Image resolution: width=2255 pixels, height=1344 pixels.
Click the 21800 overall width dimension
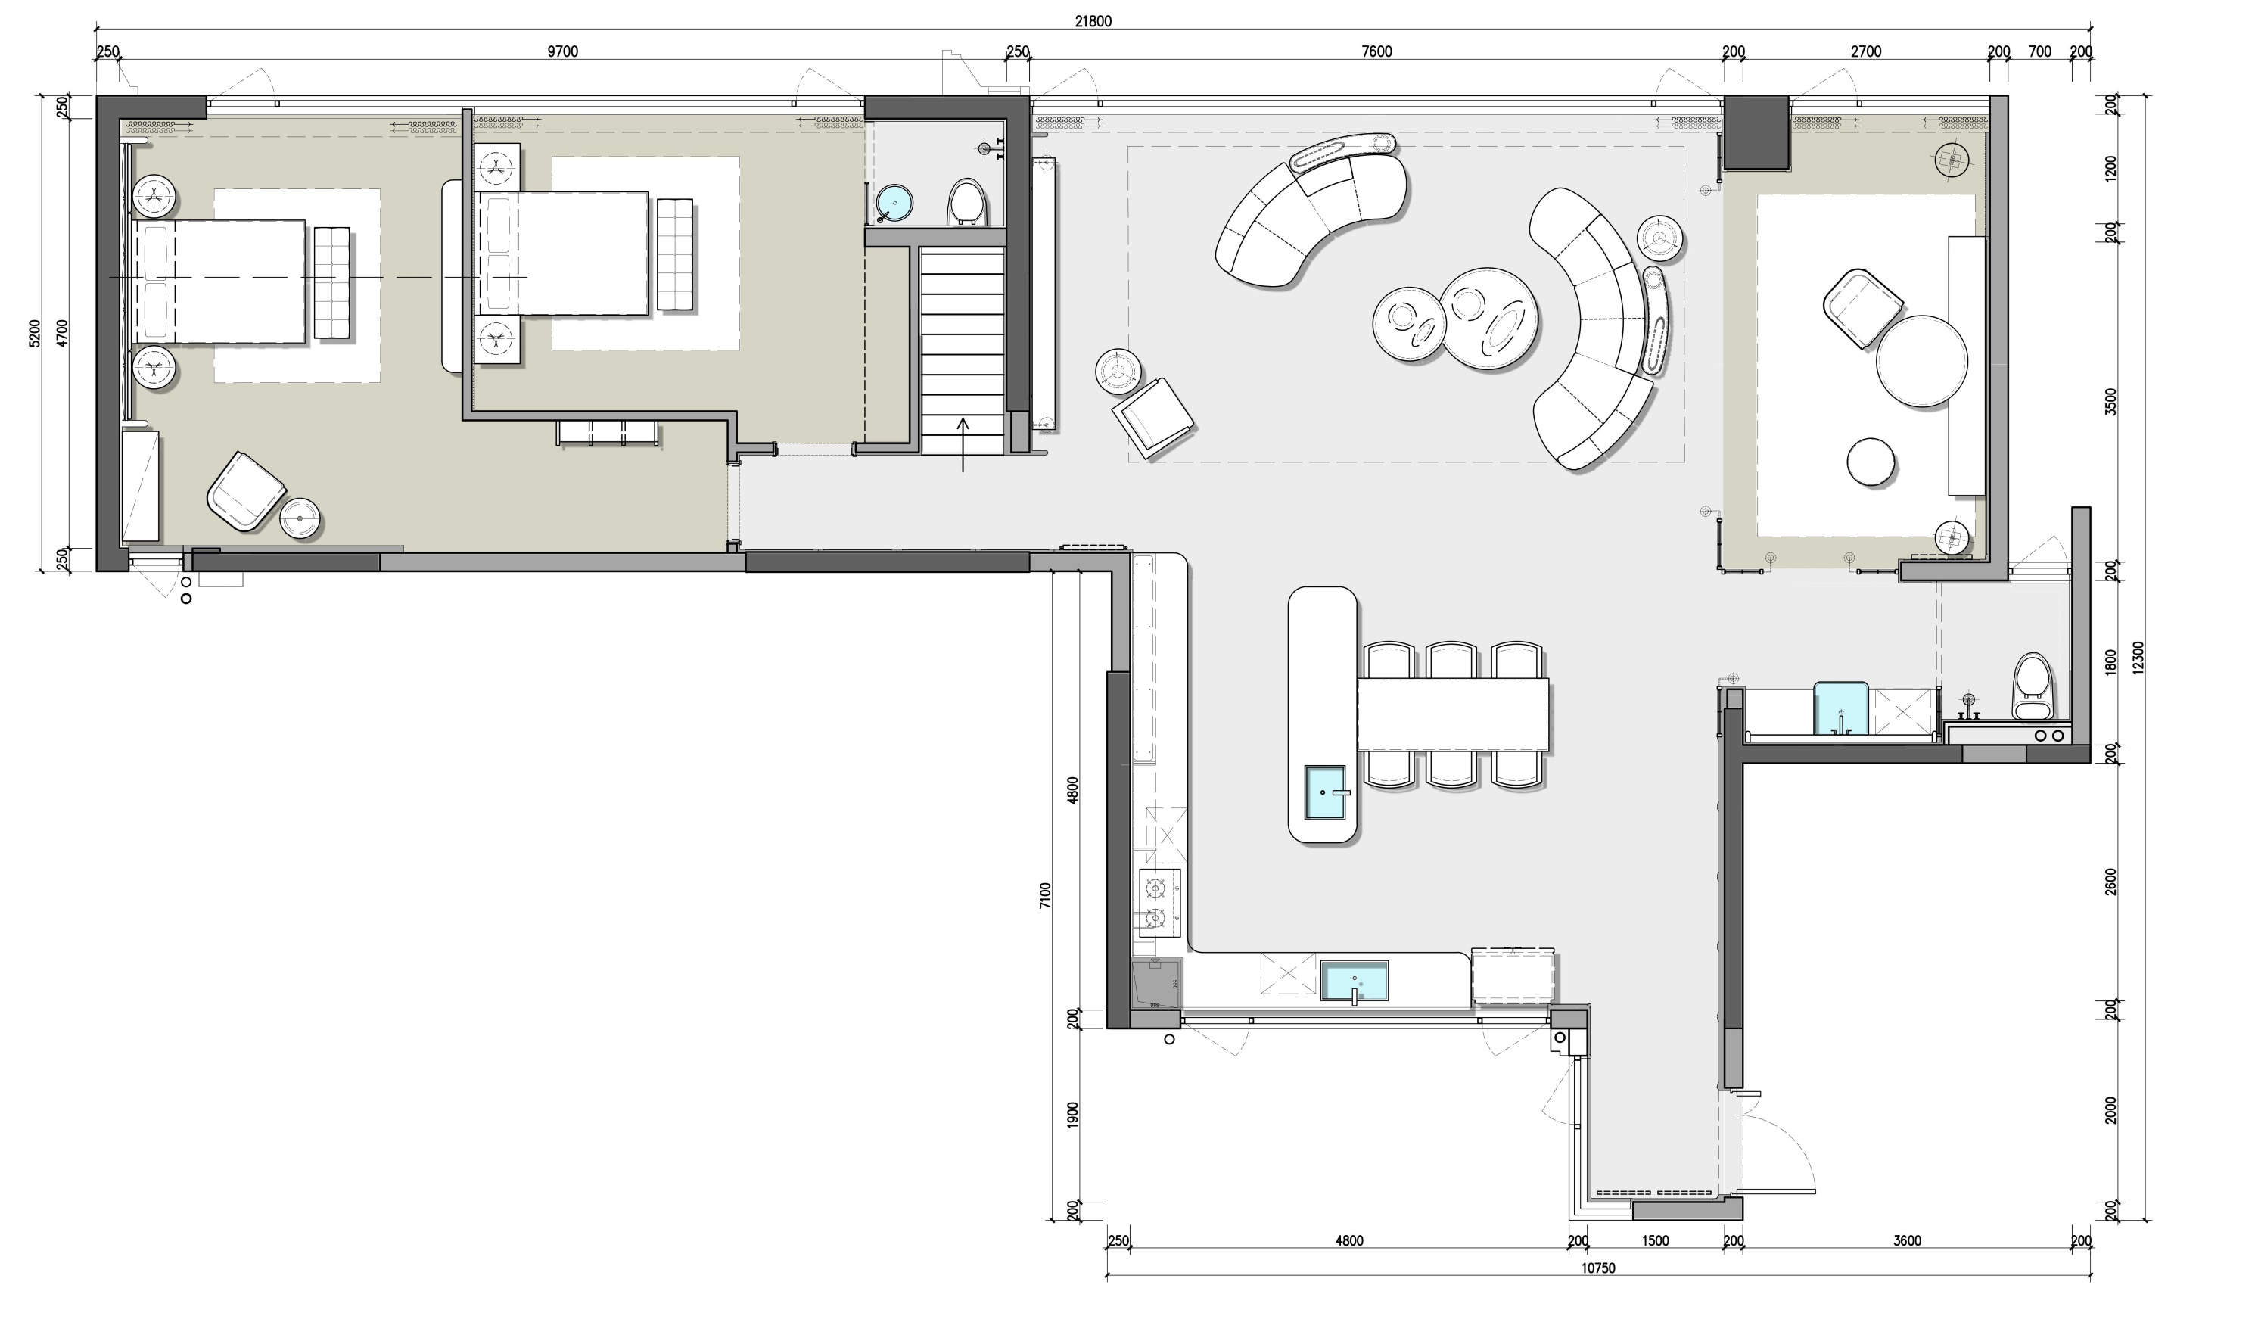(1093, 22)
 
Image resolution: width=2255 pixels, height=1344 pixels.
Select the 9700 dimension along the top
(562, 51)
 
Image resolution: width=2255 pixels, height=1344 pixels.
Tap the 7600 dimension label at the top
(1376, 51)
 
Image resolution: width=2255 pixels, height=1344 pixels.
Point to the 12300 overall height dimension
(2139, 658)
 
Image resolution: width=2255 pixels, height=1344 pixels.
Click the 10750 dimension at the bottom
(1598, 1268)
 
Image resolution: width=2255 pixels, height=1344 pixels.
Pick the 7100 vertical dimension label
(1046, 896)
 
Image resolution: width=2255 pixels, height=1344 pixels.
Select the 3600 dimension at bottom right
(1906, 1241)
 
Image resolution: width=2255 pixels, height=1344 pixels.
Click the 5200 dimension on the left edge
(34, 333)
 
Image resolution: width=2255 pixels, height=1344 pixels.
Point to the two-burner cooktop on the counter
(1160, 904)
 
